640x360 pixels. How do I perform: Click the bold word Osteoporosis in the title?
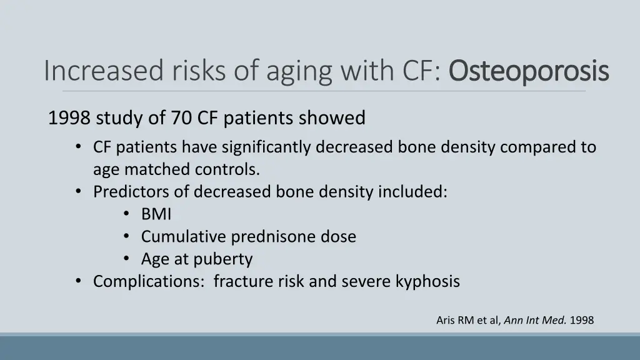529,71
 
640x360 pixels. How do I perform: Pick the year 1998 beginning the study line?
69,117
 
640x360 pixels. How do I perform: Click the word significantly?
267,147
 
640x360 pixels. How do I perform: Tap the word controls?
227,169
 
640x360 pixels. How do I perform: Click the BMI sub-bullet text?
156,214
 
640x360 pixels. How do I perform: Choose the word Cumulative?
184,237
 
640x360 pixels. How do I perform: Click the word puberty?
222,259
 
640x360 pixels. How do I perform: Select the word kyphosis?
427,282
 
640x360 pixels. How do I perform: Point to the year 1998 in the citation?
582,321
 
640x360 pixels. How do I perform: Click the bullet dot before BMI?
127,214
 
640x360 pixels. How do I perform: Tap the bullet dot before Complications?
78,281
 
